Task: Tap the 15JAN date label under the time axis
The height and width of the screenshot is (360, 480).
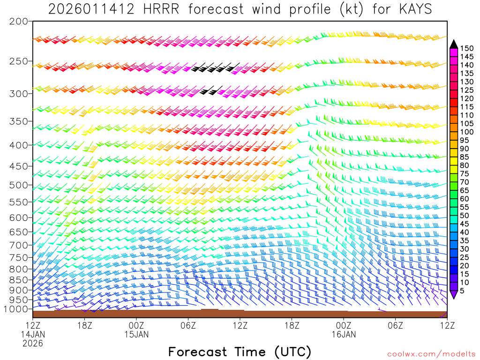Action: (x=136, y=334)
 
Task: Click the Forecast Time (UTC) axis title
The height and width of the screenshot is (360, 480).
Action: (x=240, y=352)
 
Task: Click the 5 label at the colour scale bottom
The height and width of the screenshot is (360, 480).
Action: (x=463, y=291)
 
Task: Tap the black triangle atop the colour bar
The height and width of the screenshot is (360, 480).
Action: (x=453, y=44)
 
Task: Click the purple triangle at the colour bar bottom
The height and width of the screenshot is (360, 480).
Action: (x=453, y=294)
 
